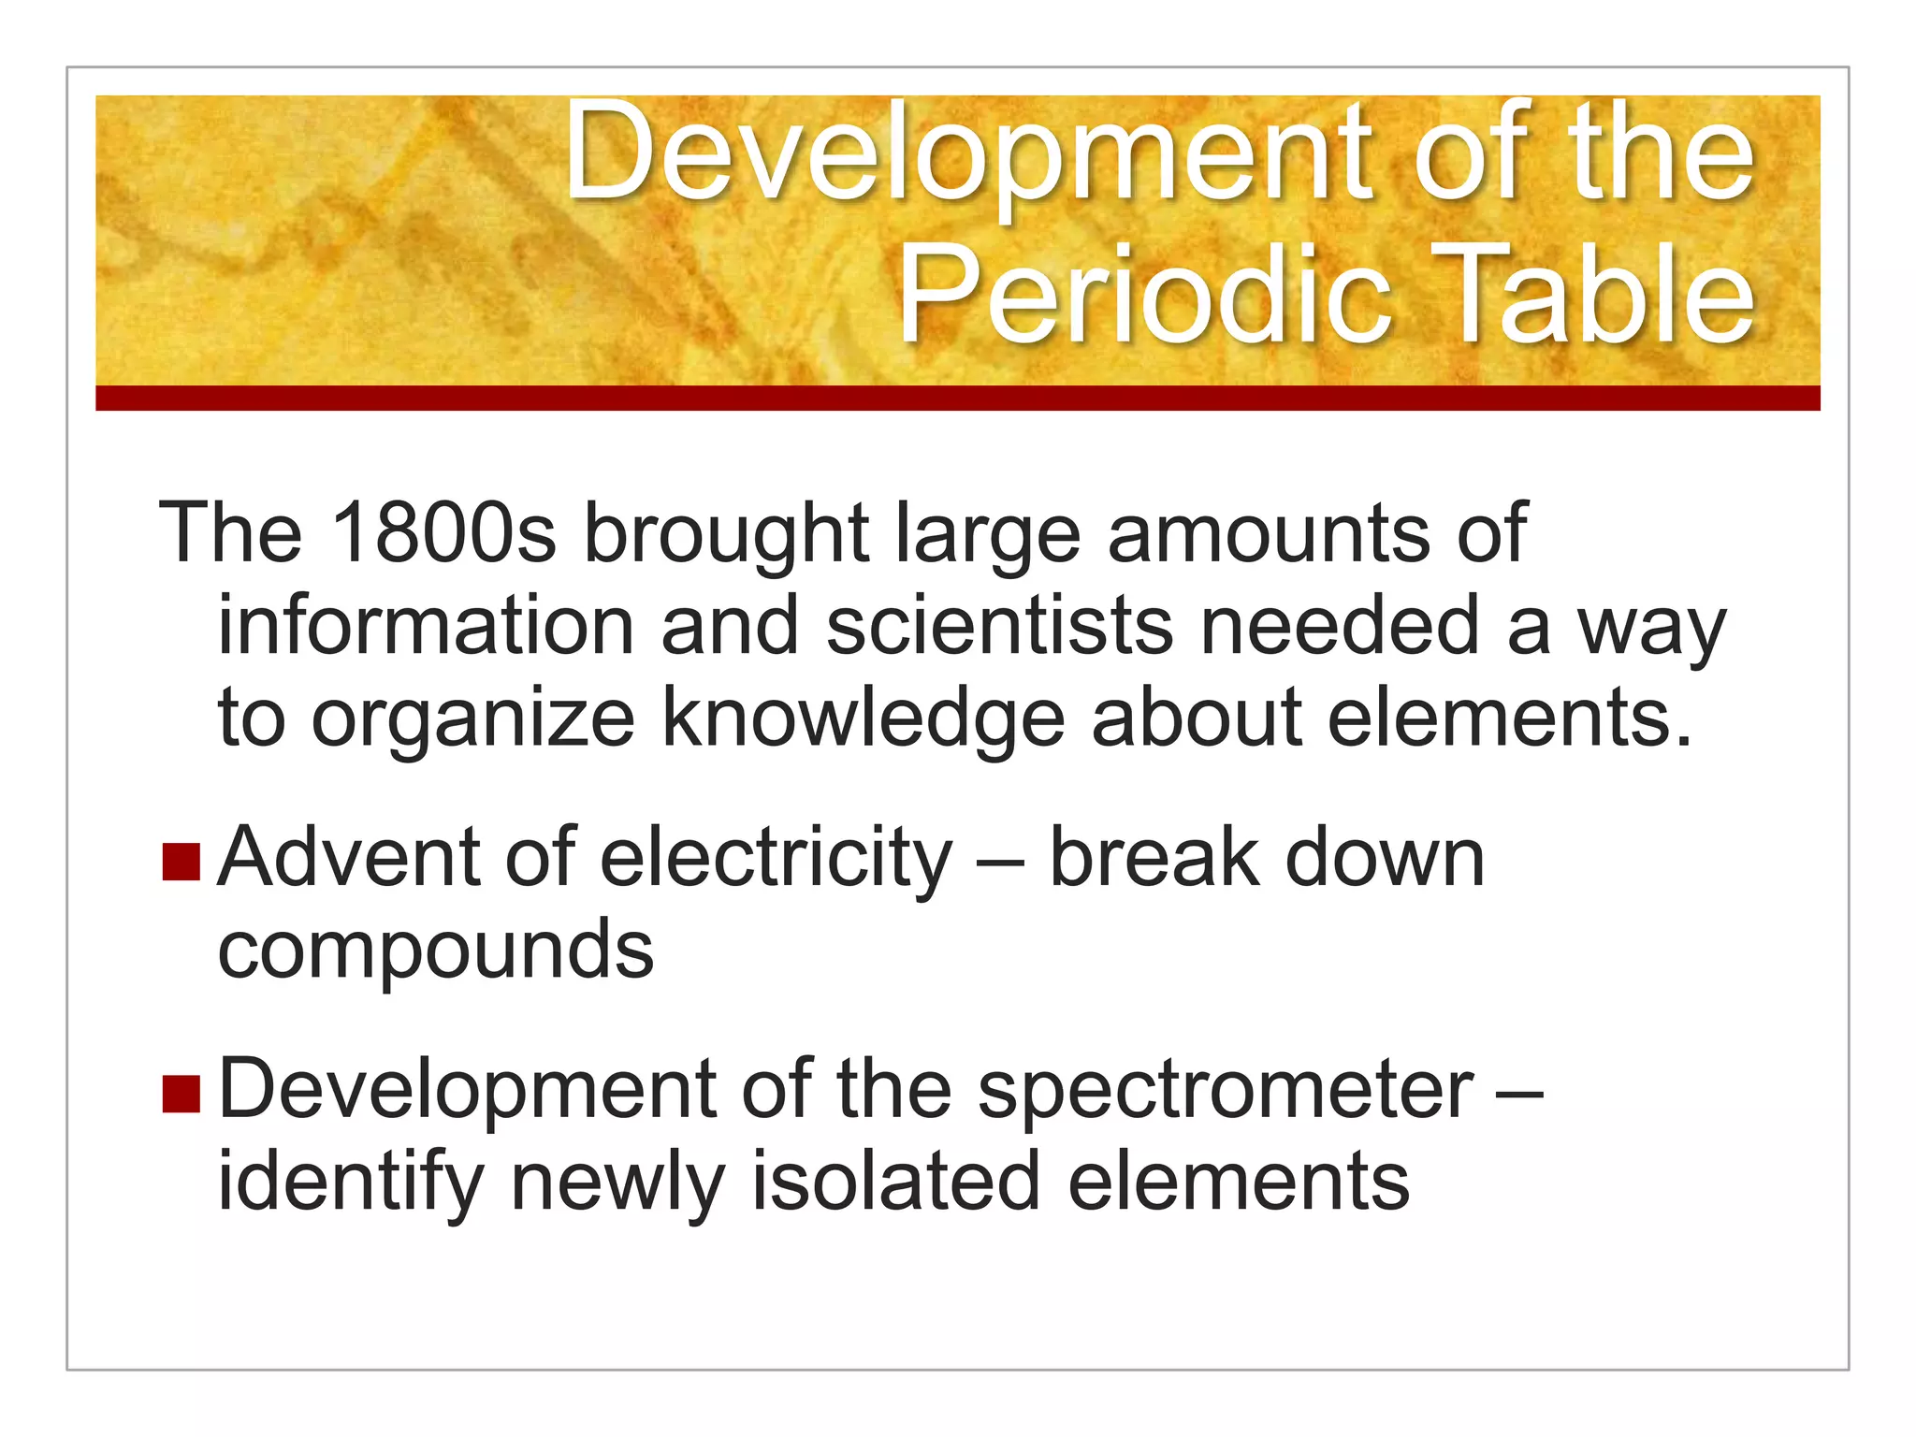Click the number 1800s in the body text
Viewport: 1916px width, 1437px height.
click(x=443, y=533)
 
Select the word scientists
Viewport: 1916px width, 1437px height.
click(x=999, y=626)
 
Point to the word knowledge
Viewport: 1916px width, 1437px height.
click(x=864, y=718)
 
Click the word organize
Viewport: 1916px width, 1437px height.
click(x=472, y=718)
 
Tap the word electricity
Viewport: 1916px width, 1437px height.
click(x=776, y=858)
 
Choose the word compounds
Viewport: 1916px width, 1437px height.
click(x=436, y=951)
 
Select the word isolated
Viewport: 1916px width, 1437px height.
click(x=895, y=1181)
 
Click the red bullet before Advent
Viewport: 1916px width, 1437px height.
click(x=181, y=862)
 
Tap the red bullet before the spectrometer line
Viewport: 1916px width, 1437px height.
click(x=181, y=1093)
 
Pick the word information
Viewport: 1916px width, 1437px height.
click(x=427, y=626)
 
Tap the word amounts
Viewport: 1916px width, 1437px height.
click(x=1269, y=533)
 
